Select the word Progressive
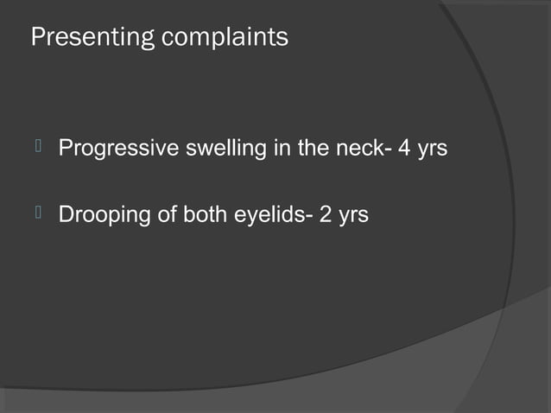point(117,149)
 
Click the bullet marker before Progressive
point(38,148)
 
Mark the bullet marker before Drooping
point(38,213)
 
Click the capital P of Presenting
point(37,39)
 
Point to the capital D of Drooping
point(66,213)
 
